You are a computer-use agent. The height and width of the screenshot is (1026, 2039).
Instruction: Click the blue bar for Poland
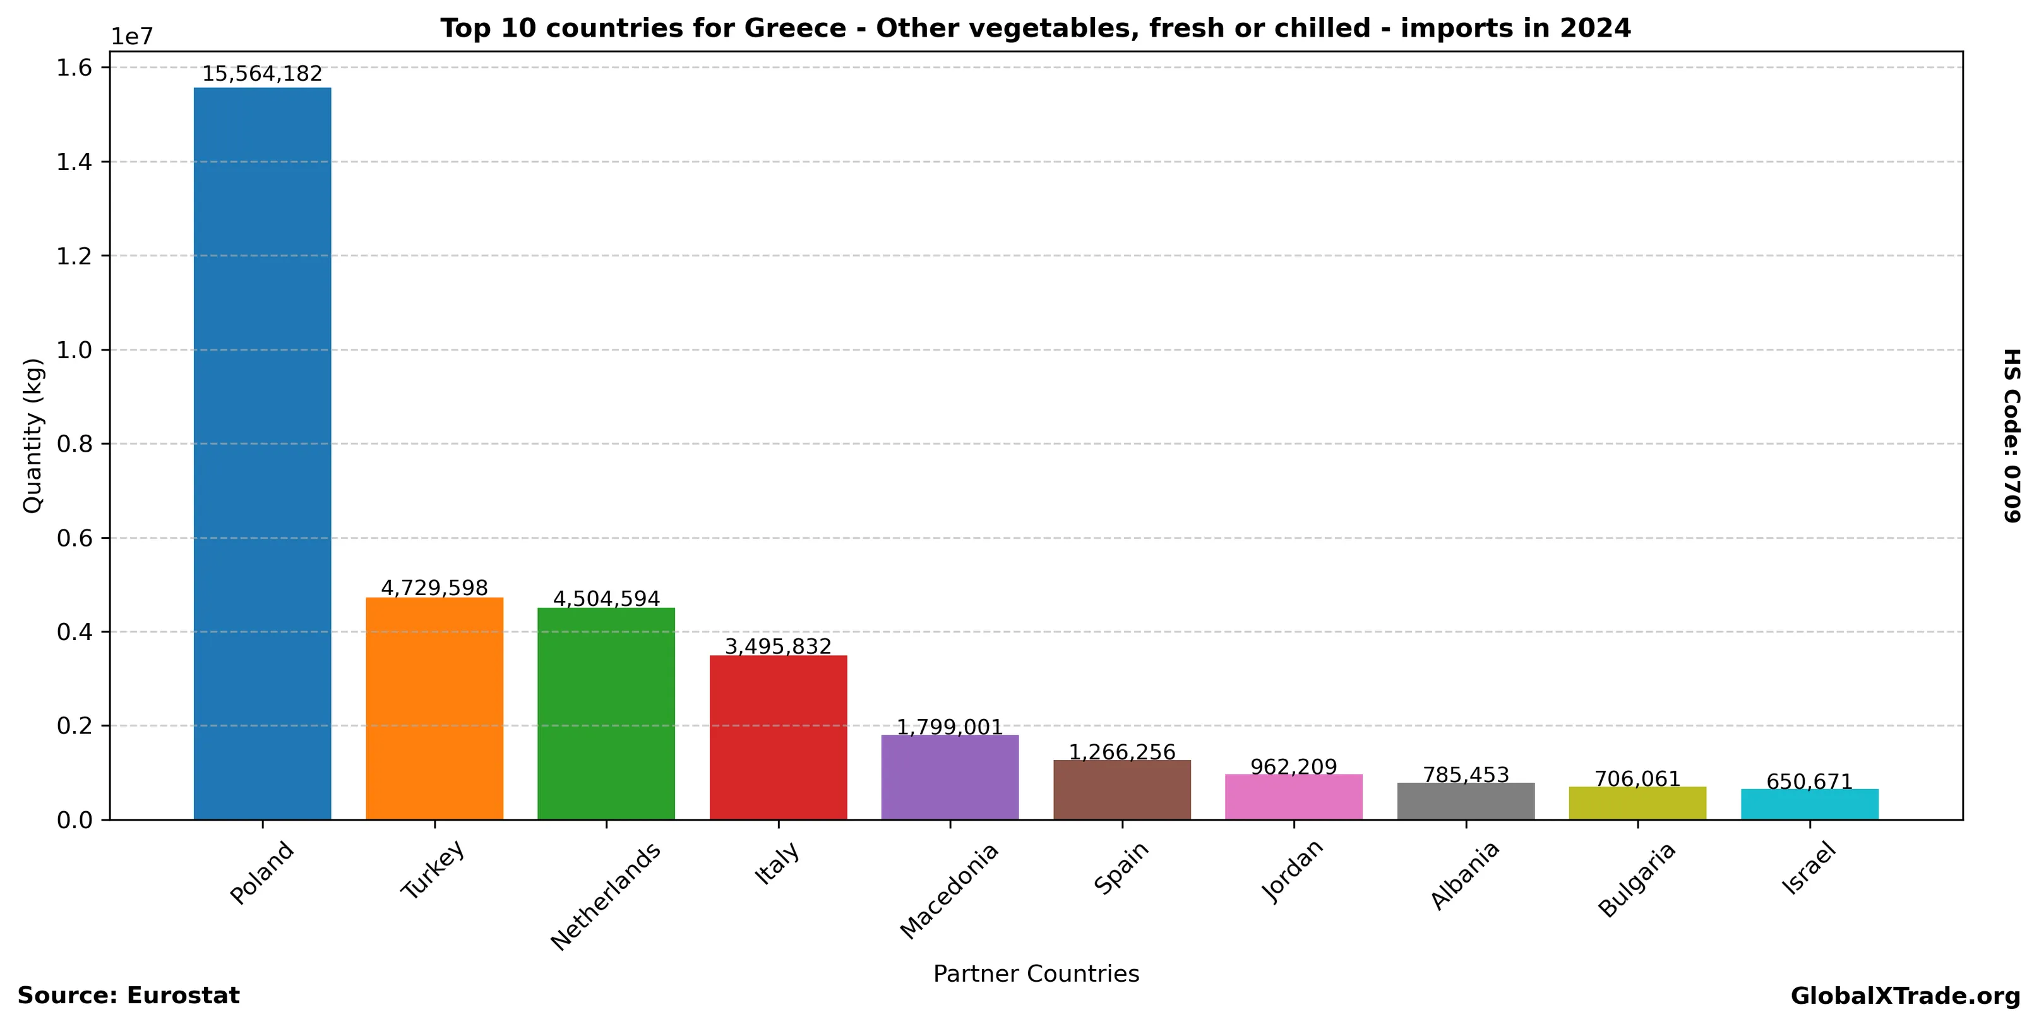(x=262, y=453)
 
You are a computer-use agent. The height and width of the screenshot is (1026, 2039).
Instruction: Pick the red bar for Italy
(x=778, y=737)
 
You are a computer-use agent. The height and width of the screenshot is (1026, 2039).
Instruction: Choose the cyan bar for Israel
(x=1809, y=804)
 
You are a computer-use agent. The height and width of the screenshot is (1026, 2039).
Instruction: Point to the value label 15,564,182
(x=262, y=75)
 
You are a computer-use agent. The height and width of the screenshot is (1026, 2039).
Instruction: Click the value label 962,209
(x=1293, y=766)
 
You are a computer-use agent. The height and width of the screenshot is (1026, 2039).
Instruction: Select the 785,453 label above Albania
(x=1466, y=775)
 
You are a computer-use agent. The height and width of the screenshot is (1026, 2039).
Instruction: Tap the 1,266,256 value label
(x=1121, y=752)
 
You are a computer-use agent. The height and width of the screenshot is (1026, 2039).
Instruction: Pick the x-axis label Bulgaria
(x=1636, y=879)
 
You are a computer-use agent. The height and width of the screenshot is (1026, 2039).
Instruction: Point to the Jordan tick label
(x=1292, y=870)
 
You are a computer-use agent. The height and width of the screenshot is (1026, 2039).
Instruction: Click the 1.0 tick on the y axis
(x=75, y=350)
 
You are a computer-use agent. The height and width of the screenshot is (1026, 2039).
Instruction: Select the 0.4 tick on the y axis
(x=75, y=632)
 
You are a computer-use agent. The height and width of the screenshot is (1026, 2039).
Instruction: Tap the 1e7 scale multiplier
(x=131, y=37)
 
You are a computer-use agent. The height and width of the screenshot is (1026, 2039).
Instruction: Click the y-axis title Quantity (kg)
(x=32, y=435)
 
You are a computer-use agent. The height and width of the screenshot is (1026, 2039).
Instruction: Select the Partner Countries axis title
(x=1036, y=974)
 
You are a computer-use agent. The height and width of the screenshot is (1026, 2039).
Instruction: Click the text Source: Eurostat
(x=128, y=996)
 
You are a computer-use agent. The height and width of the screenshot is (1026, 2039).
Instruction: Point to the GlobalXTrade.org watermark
(x=1905, y=996)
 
